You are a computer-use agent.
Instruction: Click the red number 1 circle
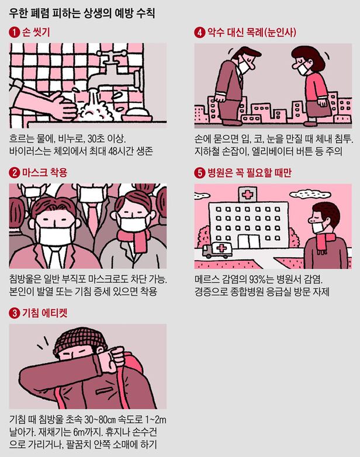click(14, 32)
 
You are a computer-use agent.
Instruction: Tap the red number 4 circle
click(199, 32)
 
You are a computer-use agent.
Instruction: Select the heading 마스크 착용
click(44, 172)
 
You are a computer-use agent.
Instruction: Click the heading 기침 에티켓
click(44, 313)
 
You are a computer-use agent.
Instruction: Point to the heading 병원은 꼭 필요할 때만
click(249, 172)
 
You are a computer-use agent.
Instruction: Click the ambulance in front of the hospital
click(217, 250)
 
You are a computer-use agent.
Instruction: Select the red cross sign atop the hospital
click(247, 194)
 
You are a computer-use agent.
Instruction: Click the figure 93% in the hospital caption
click(258, 279)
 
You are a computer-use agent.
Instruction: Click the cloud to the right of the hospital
click(306, 194)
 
